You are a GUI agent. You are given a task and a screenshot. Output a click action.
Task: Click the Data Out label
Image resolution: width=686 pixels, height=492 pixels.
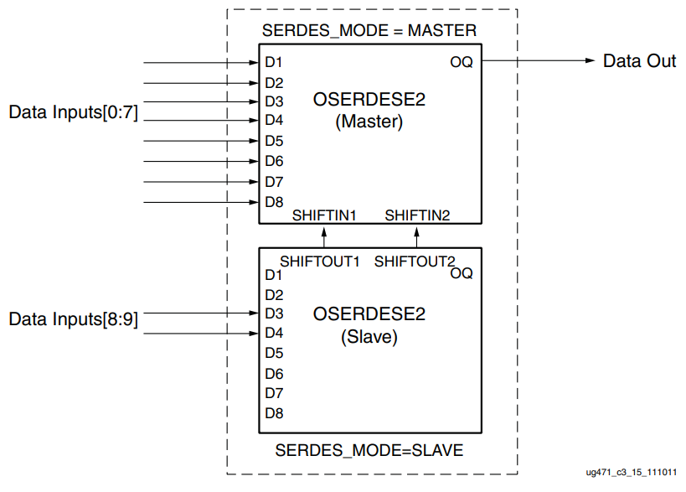[x=639, y=61]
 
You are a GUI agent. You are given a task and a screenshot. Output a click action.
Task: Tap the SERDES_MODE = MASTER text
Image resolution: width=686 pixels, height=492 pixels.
[x=369, y=31]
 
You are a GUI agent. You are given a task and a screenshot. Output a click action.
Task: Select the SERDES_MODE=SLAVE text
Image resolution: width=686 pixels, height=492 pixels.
[x=369, y=451]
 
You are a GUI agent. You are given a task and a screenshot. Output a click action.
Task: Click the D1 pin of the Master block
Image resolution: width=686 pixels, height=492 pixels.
[x=274, y=63]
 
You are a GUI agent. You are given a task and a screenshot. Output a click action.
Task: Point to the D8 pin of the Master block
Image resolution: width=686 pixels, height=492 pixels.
[x=274, y=202]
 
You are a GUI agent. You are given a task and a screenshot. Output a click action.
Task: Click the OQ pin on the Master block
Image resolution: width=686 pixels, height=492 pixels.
[x=461, y=62]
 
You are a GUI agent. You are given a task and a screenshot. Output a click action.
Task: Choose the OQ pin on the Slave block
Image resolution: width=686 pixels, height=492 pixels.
[x=461, y=273]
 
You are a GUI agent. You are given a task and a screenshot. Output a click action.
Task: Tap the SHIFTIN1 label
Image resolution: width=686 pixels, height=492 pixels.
[x=324, y=215]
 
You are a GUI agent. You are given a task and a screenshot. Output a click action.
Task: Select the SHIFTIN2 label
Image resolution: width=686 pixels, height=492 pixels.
[x=417, y=215]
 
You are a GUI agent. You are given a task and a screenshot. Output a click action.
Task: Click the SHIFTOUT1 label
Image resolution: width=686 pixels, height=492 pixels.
[x=319, y=261]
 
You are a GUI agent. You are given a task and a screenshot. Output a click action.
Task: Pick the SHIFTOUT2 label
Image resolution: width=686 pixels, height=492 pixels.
[x=414, y=261]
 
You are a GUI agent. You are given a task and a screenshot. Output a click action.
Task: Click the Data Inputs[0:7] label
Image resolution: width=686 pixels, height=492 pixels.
[x=73, y=112]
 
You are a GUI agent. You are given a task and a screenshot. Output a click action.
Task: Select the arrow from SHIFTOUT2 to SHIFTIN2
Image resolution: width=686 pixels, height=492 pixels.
[x=416, y=236]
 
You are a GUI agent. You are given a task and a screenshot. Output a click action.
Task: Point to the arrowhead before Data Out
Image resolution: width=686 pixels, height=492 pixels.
[x=588, y=61]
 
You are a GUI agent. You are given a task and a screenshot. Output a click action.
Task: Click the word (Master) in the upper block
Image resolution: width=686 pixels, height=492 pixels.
[x=369, y=122]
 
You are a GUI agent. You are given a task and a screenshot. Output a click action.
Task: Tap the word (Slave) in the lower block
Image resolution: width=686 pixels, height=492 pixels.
[x=369, y=338]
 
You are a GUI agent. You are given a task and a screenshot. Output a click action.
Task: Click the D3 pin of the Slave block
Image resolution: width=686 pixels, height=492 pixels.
[x=274, y=314]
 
